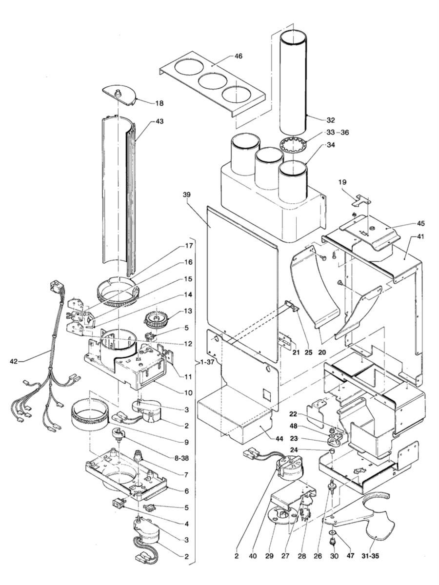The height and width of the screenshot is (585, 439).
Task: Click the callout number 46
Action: [238, 56]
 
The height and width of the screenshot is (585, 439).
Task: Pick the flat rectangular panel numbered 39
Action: [239, 283]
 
